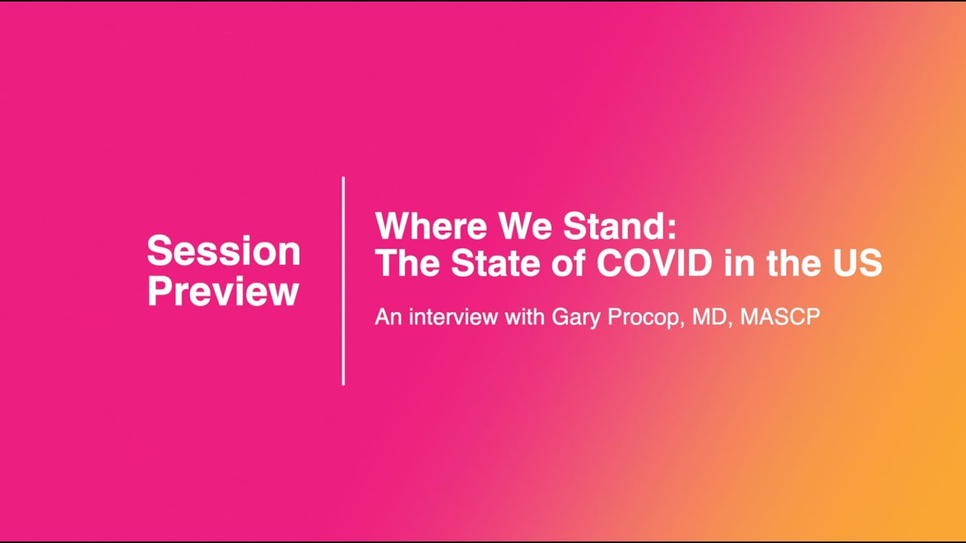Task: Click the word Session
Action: pos(223,251)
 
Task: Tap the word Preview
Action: pos(223,291)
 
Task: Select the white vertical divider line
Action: pos(343,281)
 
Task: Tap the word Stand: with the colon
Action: pos(616,226)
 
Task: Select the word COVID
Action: pos(654,263)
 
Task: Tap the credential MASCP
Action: pos(780,318)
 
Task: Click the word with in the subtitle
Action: pos(524,317)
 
